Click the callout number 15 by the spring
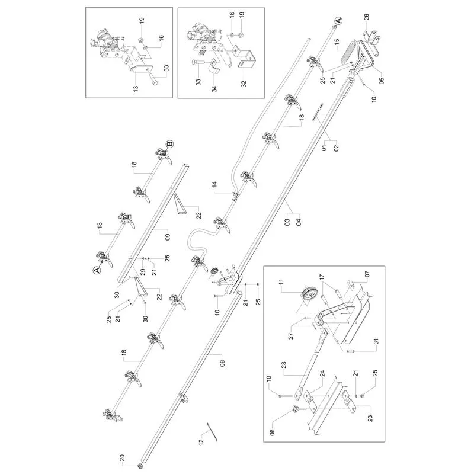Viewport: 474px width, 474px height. coord(337,41)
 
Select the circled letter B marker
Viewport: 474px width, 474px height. coord(169,144)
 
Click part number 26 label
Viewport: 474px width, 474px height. coord(366,17)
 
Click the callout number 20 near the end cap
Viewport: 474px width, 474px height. coord(122,458)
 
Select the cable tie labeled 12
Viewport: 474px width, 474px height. coord(212,432)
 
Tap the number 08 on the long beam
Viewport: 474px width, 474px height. coord(222,363)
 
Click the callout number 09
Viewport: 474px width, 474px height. coord(168,237)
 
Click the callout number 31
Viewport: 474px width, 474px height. coord(376,342)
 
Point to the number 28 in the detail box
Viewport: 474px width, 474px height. coord(284,366)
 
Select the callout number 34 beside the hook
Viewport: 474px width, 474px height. coord(214,89)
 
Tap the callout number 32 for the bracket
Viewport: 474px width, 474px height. coord(244,84)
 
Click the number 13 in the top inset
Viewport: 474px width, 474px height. coord(136,89)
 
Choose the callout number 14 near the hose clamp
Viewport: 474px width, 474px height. coord(214,185)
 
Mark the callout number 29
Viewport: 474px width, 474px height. coord(143,271)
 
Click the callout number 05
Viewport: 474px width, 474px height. coord(382,81)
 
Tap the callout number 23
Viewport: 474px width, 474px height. coord(370,418)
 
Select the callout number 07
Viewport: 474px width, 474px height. coord(367,274)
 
